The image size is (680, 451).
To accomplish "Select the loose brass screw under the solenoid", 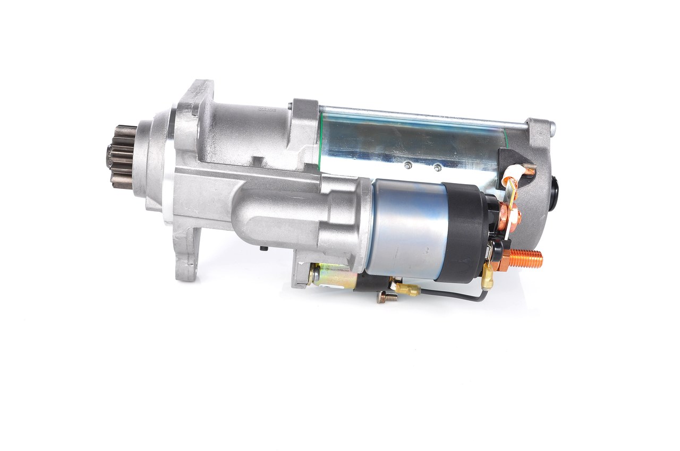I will click(387, 298).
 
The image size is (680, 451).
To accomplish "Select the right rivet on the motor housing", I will click(437, 168).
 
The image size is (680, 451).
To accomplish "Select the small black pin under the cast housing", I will click(263, 248).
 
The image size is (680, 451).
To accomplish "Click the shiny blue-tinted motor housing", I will click(409, 141).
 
